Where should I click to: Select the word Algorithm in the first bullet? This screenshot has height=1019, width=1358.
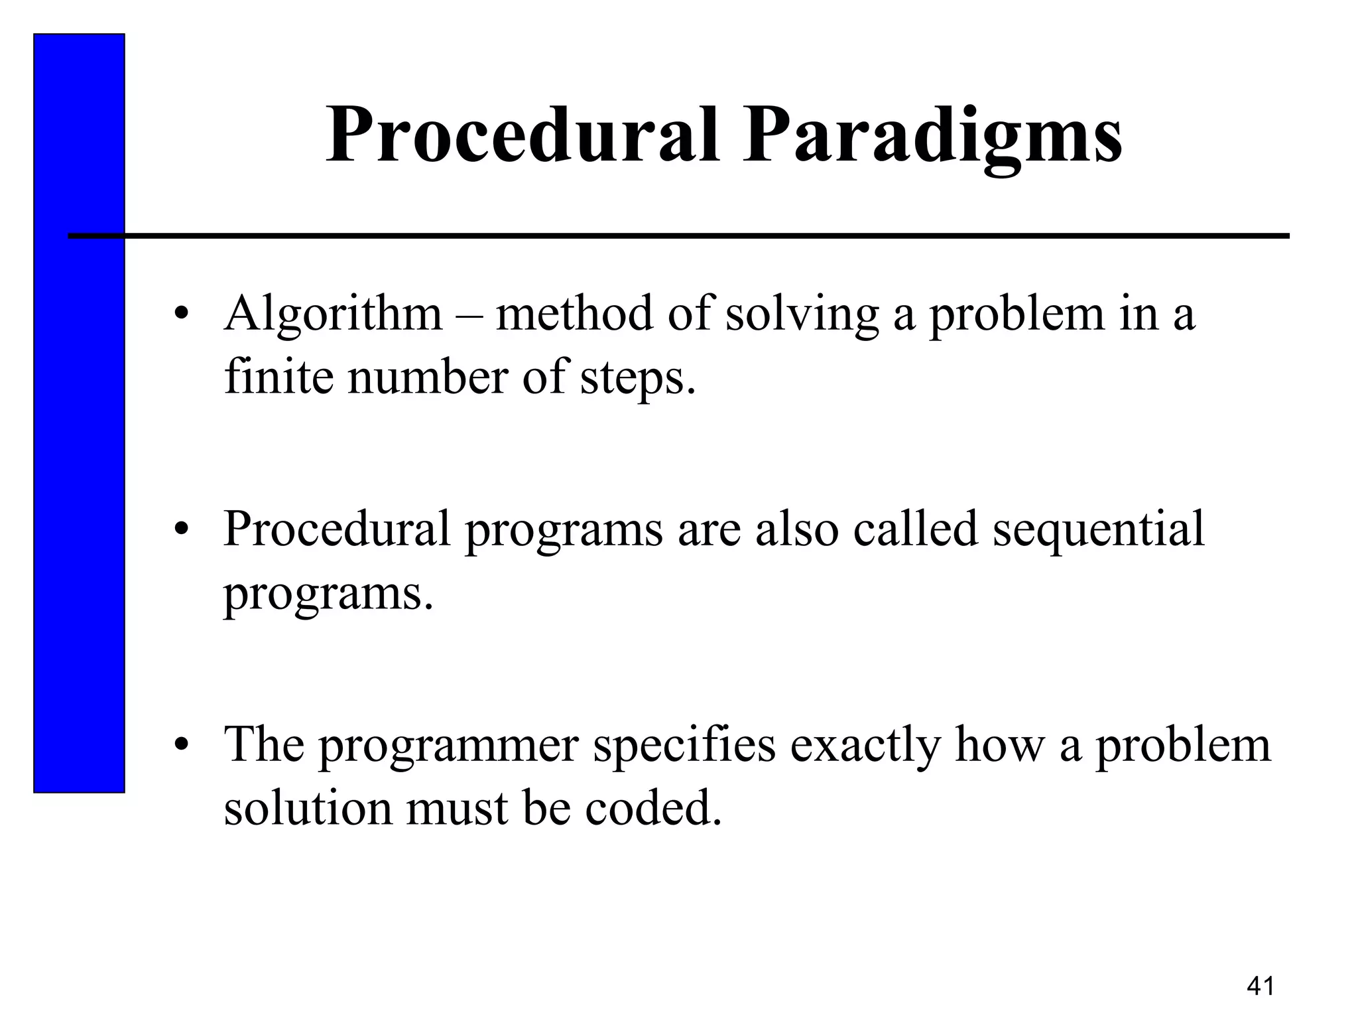(333, 314)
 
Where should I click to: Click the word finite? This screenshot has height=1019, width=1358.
(278, 377)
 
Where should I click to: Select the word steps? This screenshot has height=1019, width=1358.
(638, 379)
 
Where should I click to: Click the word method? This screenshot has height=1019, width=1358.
(574, 314)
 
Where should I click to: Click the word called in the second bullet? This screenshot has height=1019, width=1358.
(915, 529)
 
